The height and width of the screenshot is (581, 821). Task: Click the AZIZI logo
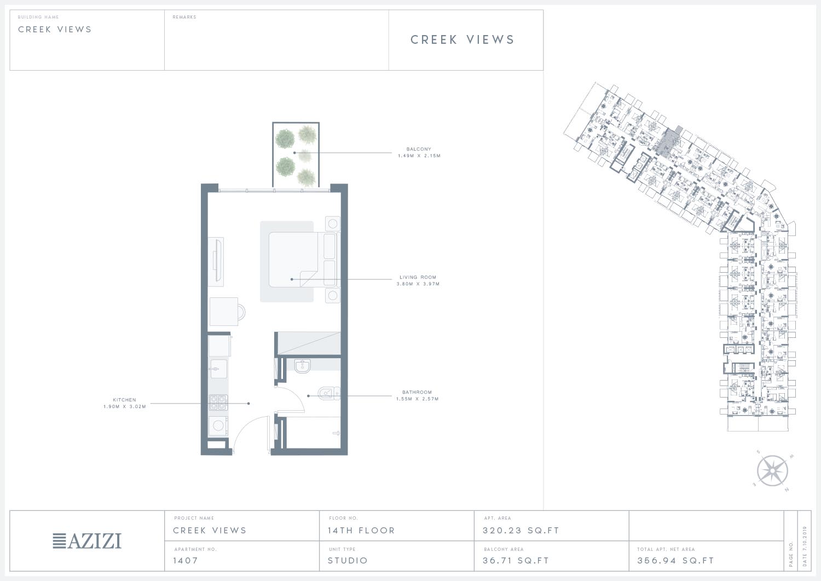click(87, 540)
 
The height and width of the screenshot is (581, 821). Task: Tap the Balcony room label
click(419, 149)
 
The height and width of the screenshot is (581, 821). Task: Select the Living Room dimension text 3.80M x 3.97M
click(418, 284)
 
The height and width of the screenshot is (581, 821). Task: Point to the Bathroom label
click(417, 392)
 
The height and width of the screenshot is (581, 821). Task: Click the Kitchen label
click(124, 400)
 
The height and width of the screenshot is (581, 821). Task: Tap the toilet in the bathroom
click(328, 394)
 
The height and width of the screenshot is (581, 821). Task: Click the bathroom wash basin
click(302, 366)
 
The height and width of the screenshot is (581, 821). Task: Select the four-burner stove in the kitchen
click(218, 402)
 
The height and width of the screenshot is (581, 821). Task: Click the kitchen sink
click(218, 369)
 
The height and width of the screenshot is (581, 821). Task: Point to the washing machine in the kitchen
click(218, 426)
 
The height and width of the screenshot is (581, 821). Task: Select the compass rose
click(772, 471)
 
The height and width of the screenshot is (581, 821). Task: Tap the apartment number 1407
click(186, 560)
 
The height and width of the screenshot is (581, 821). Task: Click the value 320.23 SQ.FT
click(521, 531)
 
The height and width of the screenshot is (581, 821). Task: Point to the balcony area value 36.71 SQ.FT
click(516, 560)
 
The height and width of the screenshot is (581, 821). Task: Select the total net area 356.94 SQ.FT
click(675, 560)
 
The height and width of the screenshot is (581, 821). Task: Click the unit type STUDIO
click(348, 560)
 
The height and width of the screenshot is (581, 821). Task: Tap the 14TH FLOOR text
click(361, 531)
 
